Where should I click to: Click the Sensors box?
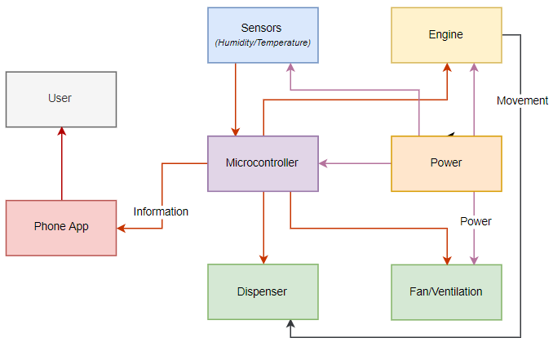(263, 35)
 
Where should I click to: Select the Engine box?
(445, 35)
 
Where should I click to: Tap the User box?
(60, 99)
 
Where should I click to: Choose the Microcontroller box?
(262, 163)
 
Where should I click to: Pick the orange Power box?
(445, 163)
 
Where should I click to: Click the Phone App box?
(61, 227)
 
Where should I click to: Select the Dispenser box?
(262, 291)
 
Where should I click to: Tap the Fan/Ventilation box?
(445, 291)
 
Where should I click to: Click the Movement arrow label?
(522, 100)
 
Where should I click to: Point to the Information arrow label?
(161, 211)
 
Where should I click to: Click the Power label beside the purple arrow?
(476, 221)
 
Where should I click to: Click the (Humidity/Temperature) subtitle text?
(263, 42)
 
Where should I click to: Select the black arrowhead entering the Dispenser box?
(290, 324)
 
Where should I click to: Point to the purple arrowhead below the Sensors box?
(290, 68)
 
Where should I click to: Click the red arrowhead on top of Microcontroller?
(236, 131)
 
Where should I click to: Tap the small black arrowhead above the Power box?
(450, 135)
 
